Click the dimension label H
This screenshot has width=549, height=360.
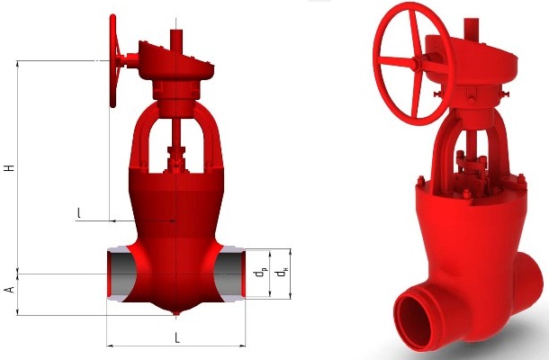(10, 167)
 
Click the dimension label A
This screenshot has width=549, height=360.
(10, 290)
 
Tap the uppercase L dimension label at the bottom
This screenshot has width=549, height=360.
(177, 337)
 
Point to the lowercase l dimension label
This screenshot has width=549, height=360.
(79, 213)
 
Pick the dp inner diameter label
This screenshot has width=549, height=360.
(261, 273)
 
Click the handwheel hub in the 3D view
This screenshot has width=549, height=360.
(416, 63)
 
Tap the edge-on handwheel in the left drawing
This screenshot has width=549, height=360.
(113, 61)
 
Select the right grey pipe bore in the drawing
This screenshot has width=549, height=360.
(229, 274)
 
